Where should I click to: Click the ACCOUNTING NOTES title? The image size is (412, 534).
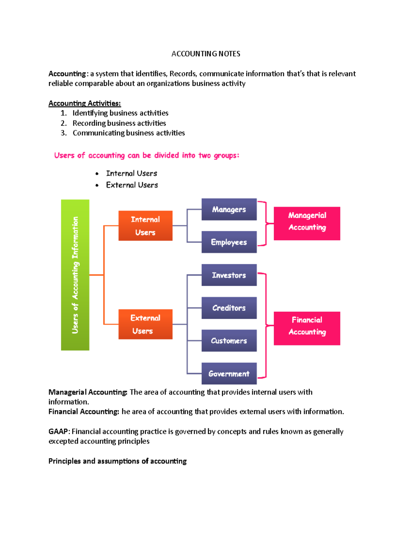point(206,54)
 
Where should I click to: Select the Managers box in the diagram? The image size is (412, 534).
point(229,209)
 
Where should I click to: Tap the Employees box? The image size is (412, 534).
point(229,242)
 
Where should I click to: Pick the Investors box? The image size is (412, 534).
point(229,275)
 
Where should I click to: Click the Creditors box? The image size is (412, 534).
point(229,308)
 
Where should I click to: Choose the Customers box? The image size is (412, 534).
point(229,341)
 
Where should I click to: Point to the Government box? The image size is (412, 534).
point(229,373)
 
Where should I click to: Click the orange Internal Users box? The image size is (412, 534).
point(145,226)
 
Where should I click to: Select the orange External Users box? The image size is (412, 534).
point(145,324)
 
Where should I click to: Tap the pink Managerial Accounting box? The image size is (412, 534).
point(307,223)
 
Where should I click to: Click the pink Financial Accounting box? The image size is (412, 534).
point(307,328)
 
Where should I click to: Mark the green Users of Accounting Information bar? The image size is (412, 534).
point(75,275)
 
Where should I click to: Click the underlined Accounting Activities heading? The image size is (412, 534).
point(84,103)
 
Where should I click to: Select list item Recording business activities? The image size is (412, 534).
point(119,123)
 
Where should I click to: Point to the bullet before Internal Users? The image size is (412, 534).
point(97,174)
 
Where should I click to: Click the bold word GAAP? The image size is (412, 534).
point(58,432)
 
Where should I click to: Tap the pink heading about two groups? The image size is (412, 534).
point(147,155)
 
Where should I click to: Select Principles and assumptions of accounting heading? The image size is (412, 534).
point(117,461)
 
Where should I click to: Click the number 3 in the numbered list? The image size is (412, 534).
point(63,133)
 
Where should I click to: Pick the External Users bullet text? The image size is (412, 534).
point(132,185)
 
